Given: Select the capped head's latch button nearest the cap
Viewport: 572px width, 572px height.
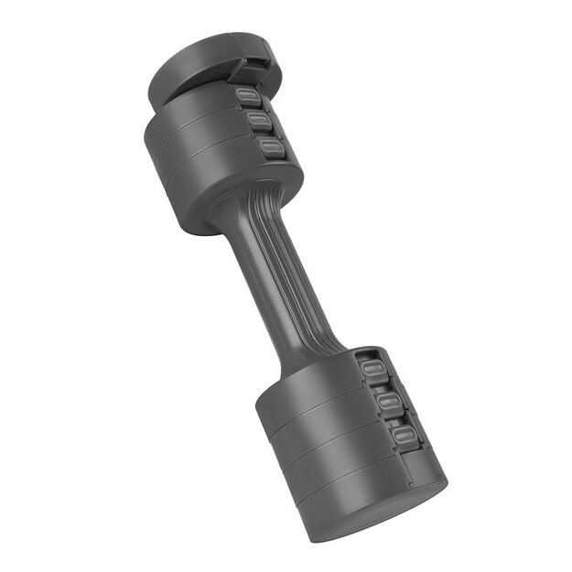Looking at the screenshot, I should click(x=245, y=96).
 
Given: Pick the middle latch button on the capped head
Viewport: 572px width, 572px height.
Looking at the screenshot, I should click(x=259, y=122).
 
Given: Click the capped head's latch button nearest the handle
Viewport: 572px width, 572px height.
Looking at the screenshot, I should click(x=271, y=147).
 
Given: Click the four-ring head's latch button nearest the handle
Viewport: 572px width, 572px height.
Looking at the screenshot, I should click(x=371, y=371).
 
